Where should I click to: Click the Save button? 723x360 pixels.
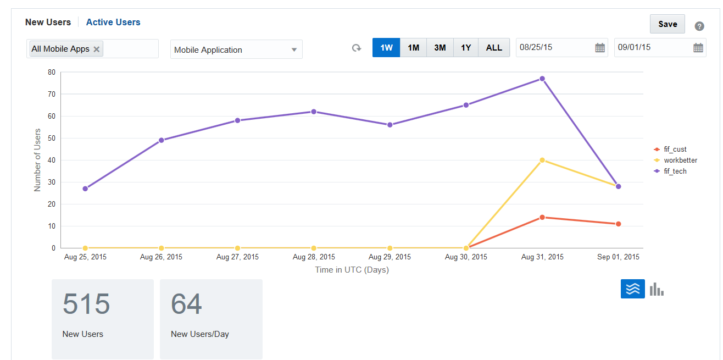(x=667, y=24)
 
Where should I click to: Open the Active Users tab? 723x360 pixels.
(x=113, y=23)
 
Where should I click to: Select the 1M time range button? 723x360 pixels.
(x=413, y=48)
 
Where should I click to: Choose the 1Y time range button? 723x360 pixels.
(x=466, y=48)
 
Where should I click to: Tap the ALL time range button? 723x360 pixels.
(x=494, y=48)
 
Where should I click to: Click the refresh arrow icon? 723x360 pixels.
(x=357, y=48)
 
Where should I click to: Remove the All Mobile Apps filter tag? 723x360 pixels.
(x=97, y=49)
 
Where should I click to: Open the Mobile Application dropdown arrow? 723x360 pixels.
(x=294, y=49)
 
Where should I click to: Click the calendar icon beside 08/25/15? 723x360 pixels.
(x=600, y=48)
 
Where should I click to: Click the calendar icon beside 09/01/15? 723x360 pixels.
(x=698, y=48)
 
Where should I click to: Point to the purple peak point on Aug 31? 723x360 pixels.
(x=542, y=79)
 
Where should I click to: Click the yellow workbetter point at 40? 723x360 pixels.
(x=542, y=160)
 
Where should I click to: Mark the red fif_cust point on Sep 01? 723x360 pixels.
(x=618, y=224)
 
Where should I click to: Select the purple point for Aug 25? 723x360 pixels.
(x=85, y=189)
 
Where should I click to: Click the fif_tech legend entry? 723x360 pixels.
(x=675, y=171)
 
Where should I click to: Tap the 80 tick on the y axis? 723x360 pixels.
(x=52, y=72)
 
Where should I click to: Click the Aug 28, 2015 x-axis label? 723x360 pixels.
(x=314, y=257)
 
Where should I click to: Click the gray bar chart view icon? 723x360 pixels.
(x=657, y=289)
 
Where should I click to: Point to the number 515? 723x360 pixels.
(x=86, y=304)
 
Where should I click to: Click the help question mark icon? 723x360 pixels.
(x=699, y=26)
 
